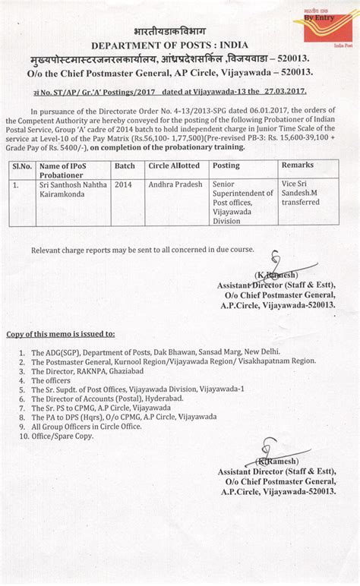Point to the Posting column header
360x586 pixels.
[x=226, y=165]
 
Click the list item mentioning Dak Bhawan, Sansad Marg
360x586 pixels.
[x=155, y=353]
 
